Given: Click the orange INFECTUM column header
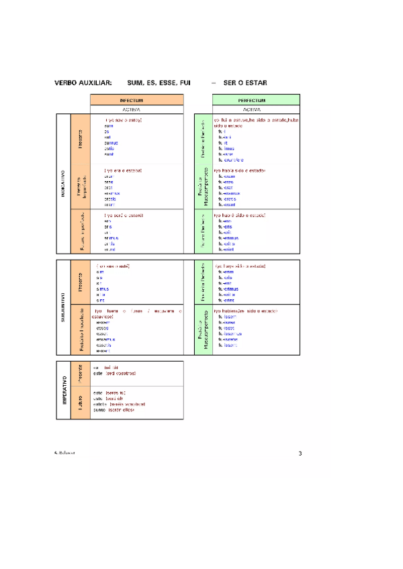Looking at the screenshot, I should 136,99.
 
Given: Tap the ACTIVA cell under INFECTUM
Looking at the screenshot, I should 136,109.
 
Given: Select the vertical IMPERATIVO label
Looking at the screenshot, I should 62,390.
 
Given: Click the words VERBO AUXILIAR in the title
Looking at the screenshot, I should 83,83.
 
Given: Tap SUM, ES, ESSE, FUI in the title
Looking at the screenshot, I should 159,83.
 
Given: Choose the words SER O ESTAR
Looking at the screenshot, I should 245,83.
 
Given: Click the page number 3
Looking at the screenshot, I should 300,454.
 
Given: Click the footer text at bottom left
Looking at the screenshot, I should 64,453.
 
